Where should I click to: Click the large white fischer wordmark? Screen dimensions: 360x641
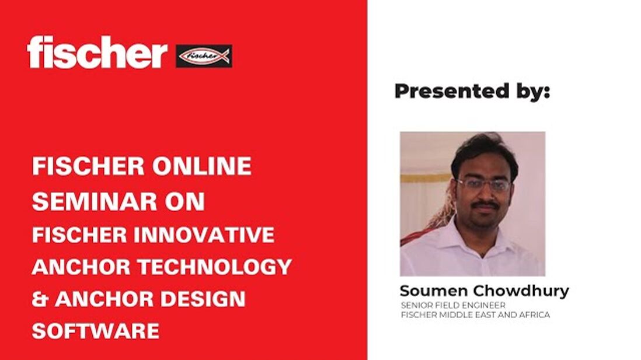[96, 53]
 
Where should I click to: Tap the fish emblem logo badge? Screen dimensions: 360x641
[204, 56]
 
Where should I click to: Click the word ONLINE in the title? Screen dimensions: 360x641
[203, 167]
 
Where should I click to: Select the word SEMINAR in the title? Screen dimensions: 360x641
[93, 201]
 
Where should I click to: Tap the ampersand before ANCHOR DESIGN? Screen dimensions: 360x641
[40, 299]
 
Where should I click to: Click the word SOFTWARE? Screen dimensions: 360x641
[95, 331]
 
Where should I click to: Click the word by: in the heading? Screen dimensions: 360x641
[532, 92]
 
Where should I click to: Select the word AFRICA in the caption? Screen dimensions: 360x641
[534, 315]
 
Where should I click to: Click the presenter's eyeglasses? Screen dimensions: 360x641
[483, 185]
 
